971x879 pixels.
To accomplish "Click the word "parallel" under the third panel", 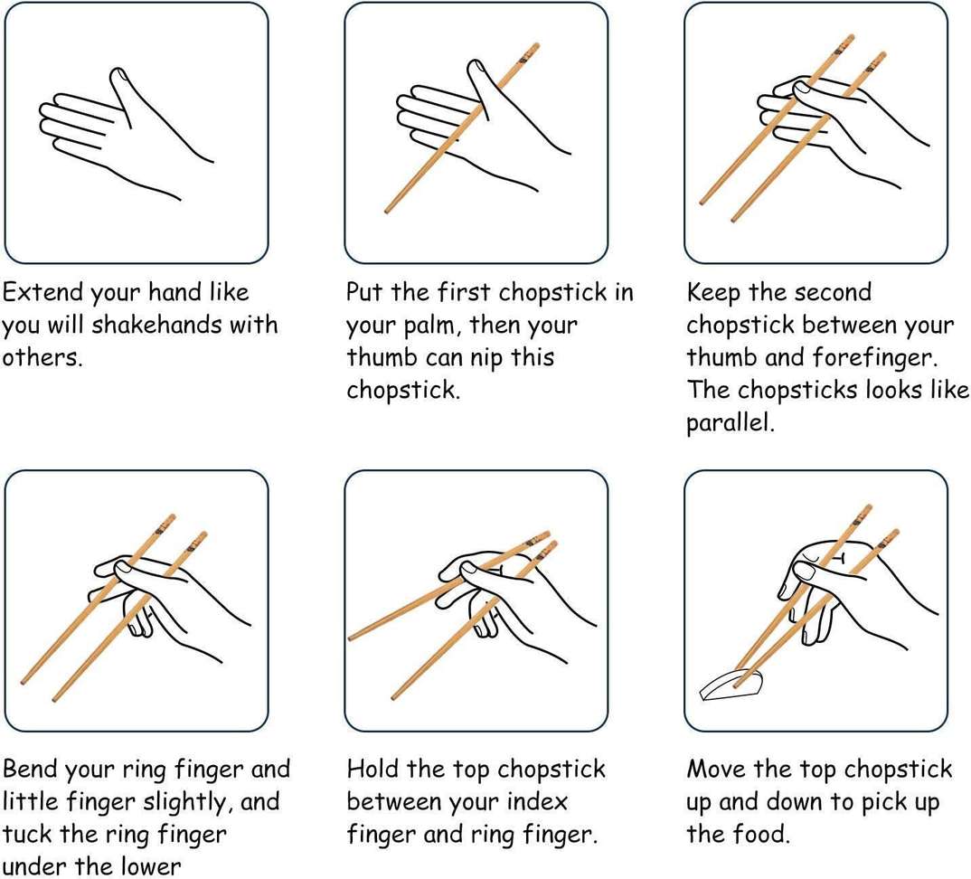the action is coord(730,422).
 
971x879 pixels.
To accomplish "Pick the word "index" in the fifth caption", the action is coord(537,801).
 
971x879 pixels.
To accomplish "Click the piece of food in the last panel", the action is coord(731,685).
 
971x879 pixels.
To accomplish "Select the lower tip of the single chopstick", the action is coord(386,212).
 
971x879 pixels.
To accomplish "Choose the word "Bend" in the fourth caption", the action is coord(31,769).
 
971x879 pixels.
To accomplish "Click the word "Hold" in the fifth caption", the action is coord(372,769).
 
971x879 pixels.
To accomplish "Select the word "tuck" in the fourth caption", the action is coord(28,834).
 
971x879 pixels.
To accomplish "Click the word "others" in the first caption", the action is coord(42,357).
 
